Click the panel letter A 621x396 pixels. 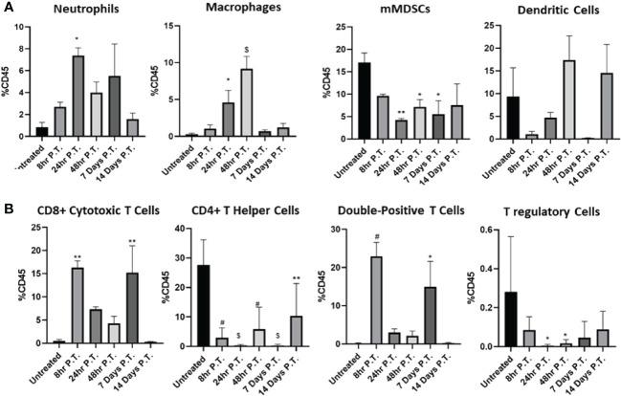8,8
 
